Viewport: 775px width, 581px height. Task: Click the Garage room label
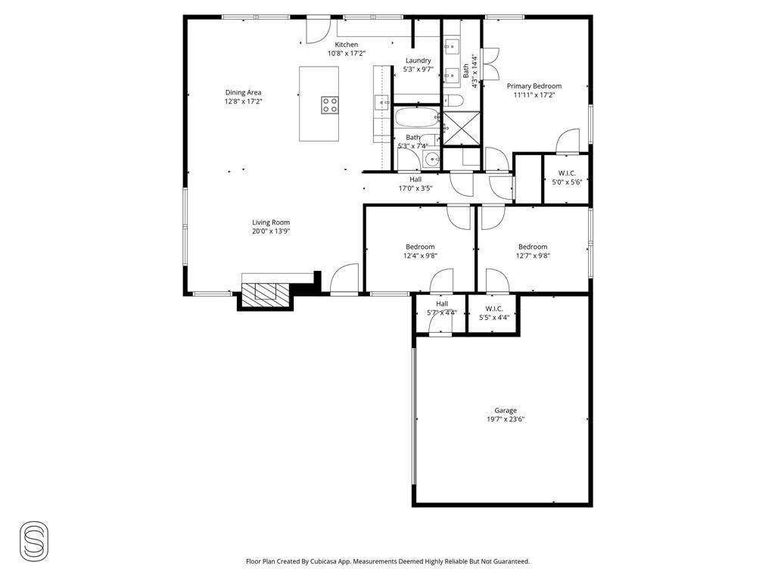click(505, 411)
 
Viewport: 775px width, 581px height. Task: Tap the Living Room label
click(271, 222)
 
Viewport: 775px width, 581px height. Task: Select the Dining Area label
click(243, 92)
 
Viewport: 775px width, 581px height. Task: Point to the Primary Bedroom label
click(534, 86)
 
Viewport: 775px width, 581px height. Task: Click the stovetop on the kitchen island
click(330, 105)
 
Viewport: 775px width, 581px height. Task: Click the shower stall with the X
click(461, 127)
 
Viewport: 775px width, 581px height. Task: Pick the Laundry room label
click(418, 61)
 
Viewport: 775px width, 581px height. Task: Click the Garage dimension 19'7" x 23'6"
click(505, 419)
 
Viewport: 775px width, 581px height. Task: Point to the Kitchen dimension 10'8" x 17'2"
click(347, 54)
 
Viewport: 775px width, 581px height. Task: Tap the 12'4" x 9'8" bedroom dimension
click(420, 256)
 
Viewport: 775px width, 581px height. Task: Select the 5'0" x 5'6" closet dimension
click(567, 182)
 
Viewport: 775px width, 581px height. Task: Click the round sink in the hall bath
click(433, 160)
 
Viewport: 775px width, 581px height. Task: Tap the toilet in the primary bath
click(453, 101)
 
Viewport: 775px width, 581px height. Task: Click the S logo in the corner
click(34, 540)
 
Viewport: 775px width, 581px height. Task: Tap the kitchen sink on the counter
click(381, 102)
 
